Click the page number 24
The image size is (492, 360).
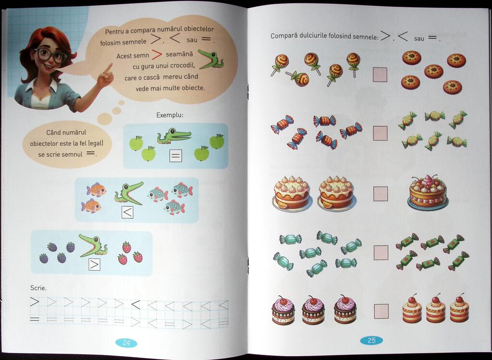coord(126,343)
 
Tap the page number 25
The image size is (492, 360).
coord(371,340)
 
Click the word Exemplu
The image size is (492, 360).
coord(170,115)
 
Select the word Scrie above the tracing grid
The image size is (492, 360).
coord(38,288)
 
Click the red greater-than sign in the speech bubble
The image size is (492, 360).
coord(157,55)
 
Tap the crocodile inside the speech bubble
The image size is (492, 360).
coord(211,59)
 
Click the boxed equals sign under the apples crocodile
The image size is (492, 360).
coord(176,156)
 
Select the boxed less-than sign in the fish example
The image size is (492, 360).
coord(127,212)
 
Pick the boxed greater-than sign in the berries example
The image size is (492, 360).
coord(94,264)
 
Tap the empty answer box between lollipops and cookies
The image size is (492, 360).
coord(380,74)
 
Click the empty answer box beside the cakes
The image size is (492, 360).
coord(381,193)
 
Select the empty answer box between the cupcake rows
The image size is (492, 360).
coord(381,311)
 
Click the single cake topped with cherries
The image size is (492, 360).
coord(428,192)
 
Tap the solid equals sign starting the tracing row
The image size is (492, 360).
coord(35,320)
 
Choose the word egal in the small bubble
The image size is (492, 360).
coord(96,144)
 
